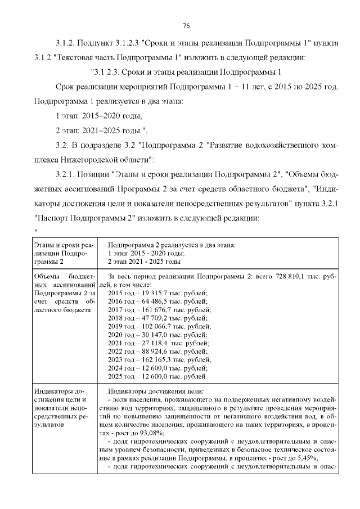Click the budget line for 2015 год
pos(157,293)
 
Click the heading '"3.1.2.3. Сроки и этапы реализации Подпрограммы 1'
pos(186,72)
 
